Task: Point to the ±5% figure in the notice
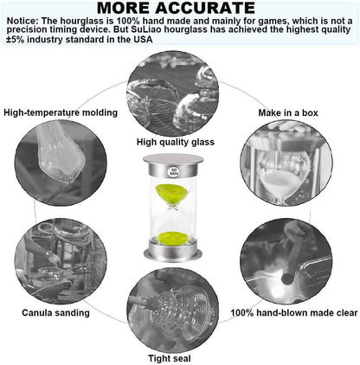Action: pyautogui.click(x=16, y=39)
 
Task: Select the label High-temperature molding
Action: pyautogui.click(x=61, y=112)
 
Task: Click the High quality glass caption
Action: pyautogui.click(x=176, y=142)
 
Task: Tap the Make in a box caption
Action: pyautogui.click(x=288, y=112)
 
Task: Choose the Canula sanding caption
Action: pyautogui.click(x=55, y=313)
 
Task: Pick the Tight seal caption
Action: pyautogui.click(x=170, y=358)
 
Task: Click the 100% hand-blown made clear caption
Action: pyautogui.click(x=294, y=313)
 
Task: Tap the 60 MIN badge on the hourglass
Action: pyautogui.click(x=174, y=171)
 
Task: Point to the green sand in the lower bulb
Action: pyautogui.click(x=172, y=238)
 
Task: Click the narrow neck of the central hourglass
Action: pyautogui.click(x=173, y=207)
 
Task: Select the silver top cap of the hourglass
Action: pyautogui.click(x=173, y=164)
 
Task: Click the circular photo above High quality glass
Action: pyautogui.click(x=173, y=93)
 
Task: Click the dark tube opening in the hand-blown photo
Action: pyautogui.click(x=286, y=279)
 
